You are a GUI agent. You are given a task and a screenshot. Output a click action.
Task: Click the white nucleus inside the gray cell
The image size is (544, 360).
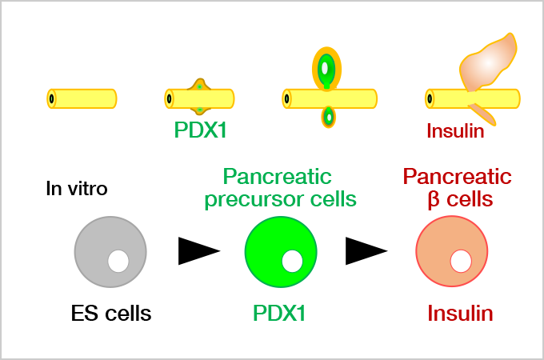tap(118, 261)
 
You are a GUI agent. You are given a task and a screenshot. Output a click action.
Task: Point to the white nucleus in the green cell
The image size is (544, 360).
tap(292, 261)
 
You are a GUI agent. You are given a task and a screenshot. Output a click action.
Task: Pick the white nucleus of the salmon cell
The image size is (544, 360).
tap(461, 261)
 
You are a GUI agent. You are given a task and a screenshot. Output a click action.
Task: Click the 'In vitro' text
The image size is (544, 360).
tap(76, 190)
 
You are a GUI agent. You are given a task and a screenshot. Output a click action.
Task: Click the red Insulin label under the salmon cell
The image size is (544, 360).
tap(460, 314)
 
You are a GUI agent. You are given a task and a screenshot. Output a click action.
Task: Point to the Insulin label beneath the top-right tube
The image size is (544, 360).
tap(455, 131)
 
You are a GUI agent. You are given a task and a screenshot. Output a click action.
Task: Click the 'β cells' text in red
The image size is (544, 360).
tap(457, 199)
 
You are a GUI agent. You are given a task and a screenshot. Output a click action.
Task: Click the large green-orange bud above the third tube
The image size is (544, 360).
tap(326, 69)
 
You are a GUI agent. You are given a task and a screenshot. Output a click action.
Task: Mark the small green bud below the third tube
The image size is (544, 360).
tap(328, 118)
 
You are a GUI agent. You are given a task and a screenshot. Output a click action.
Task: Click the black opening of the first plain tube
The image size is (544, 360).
tap(52, 98)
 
